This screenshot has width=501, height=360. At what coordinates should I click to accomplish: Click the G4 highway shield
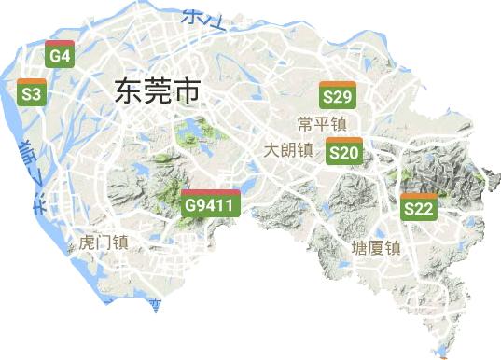point(60,55)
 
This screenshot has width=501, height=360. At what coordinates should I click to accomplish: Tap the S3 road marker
point(32,92)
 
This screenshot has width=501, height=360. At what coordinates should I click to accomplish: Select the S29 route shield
point(336,95)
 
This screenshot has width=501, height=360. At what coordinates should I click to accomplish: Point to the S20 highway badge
point(343,151)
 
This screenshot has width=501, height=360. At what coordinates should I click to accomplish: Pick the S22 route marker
point(418,207)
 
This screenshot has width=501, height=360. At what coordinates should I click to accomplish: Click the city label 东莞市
point(157,90)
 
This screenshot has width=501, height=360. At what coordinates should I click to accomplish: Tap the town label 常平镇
point(322,124)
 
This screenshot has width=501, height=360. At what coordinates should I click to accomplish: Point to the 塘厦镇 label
point(375,248)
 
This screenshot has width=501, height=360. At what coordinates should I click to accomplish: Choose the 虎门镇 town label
point(104,242)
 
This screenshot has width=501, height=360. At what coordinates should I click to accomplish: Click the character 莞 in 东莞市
point(157,90)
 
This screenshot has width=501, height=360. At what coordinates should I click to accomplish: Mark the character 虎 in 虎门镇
point(88,242)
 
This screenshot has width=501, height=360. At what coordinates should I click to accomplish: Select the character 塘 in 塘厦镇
point(359,248)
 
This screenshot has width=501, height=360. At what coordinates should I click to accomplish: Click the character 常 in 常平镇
point(305,124)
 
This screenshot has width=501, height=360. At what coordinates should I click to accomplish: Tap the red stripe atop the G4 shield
point(60,43)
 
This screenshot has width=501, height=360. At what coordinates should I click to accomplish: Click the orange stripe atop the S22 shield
point(418,196)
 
